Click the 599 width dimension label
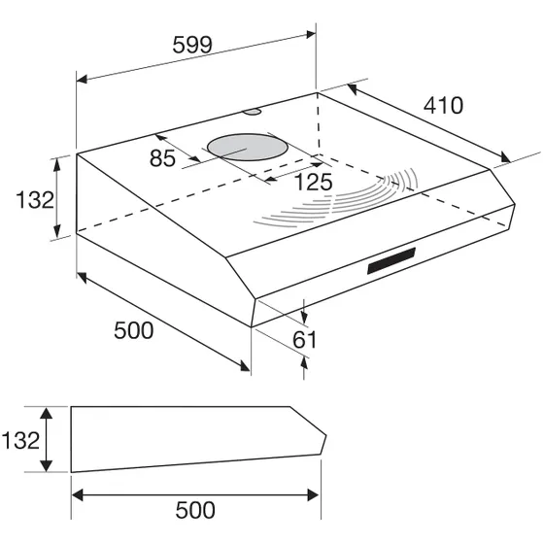pyautogui.click(x=192, y=45)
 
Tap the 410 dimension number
pyautogui.click(x=443, y=105)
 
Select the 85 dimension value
pyautogui.click(x=162, y=158)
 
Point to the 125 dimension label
pyautogui.click(x=313, y=182)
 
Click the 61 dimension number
pyautogui.click(x=304, y=339)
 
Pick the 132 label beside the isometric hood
pyautogui.click(x=35, y=200)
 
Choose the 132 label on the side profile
pyautogui.click(x=20, y=440)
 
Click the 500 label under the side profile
pyautogui.click(x=195, y=510)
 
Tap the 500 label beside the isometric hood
pyautogui.click(x=134, y=330)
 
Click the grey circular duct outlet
pyautogui.click(x=248, y=148)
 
